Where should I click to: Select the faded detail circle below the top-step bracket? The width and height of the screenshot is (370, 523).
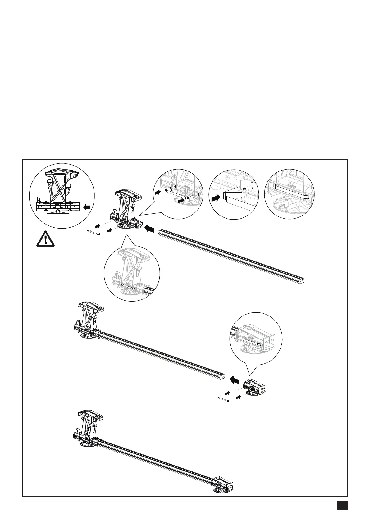(x=132, y=273)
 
